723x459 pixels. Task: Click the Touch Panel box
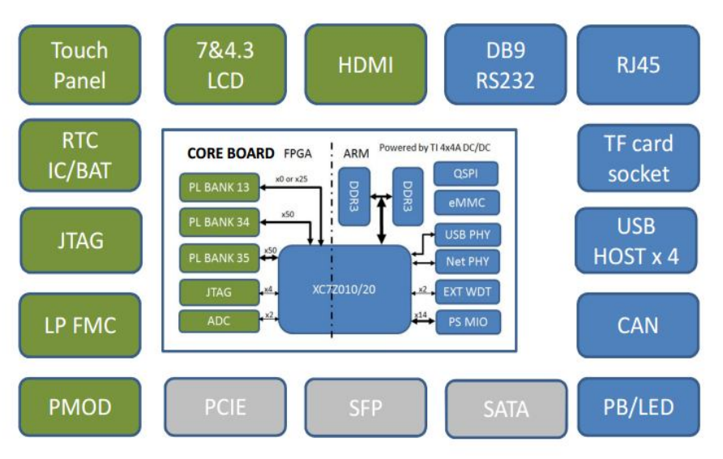tap(79, 65)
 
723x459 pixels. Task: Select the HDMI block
tap(366, 65)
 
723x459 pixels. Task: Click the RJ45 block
tap(638, 65)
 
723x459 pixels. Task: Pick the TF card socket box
tap(638, 158)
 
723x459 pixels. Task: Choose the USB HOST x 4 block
tap(636, 242)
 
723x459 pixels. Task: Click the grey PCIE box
tap(225, 406)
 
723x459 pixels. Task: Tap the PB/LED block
tap(638, 406)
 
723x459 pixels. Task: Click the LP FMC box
tap(79, 325)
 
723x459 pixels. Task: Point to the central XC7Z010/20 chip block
tap(344, 290)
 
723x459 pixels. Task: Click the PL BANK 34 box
tap(219, 222)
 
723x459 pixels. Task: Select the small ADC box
tap(219, 321)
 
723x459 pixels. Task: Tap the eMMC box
tap(466, 203)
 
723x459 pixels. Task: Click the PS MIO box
tap(467, 321)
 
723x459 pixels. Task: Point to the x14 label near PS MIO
tap(421, 315)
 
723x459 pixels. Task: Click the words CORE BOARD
tap(230, 153)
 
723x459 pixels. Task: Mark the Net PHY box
tap(467, 262)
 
